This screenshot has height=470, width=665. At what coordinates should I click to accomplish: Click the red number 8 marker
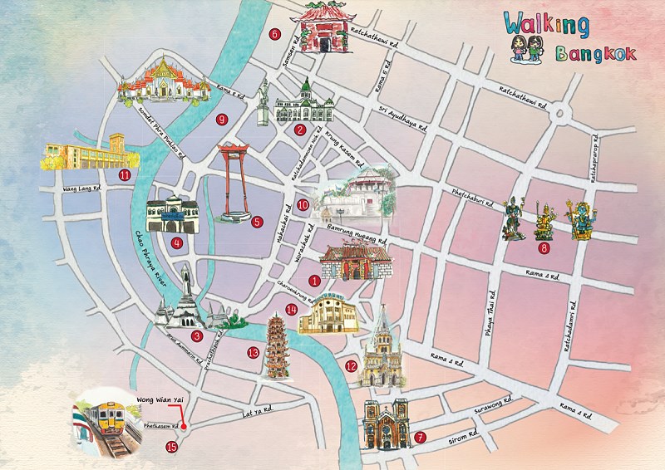pyautogui.click(x=544, y=247)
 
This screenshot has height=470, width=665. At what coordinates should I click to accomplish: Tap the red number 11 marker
pyautogui.click(x=125, y=174)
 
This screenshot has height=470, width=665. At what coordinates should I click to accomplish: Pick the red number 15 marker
pyautogui.click(x=172, y=447)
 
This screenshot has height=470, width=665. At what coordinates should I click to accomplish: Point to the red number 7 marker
pyautogui.click(x=421, y=437)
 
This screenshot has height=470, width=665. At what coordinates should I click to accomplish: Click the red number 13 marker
pyautogui.click(x=253, y=351)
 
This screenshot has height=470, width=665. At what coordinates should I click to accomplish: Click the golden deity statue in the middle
pyautogui.click(x=545, y=218)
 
